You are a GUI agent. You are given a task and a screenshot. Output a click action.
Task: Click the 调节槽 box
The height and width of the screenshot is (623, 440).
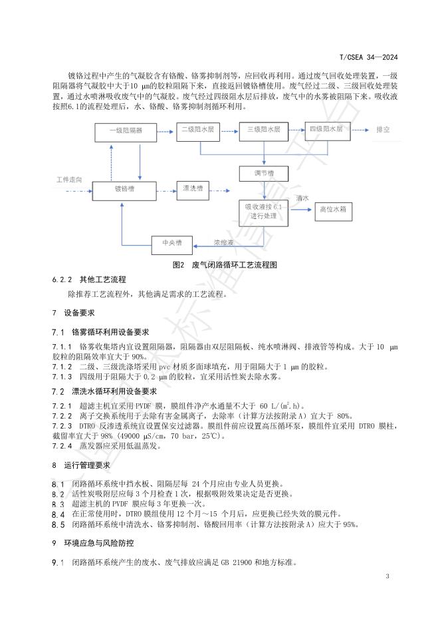coord(263,173)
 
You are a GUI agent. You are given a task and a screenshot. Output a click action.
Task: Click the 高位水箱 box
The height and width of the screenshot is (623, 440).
coord(332,209)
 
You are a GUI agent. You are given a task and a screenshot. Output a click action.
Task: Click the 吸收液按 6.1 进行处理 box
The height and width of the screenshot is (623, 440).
coord(264,212)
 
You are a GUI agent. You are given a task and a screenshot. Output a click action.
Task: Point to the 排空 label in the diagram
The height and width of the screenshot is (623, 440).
coord(384,130)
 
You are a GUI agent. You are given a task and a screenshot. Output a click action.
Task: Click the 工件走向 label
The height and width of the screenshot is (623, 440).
coord(70,180)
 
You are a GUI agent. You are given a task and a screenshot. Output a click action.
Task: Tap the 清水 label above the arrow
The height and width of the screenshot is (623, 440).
coord(302,198)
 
